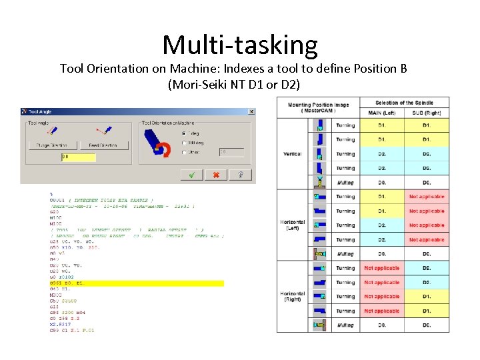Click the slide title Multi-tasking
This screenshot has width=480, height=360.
point(240,45)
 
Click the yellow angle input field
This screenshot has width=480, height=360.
point(79,157)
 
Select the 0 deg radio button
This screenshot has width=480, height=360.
point(184,133)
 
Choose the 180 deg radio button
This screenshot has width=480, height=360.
point(184,143)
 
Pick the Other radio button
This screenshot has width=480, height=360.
point(184,153)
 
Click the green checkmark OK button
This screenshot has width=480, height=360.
point(192,175)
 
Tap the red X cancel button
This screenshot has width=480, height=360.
point(216,175)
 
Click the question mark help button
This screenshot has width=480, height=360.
point(240,175)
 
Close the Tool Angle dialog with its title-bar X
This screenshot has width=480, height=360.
point(251,111)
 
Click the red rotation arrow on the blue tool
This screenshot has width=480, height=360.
point(160,150)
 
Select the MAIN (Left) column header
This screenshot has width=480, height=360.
point(381,113)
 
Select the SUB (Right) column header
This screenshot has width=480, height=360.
point(427,113)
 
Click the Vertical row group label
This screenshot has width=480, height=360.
point(293,154)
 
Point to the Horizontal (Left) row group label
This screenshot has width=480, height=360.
point(293,225)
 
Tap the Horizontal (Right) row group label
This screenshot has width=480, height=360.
point(293,297)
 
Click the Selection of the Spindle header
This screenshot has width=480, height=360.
point(404,103)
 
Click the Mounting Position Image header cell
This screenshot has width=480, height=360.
point(318,107)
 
